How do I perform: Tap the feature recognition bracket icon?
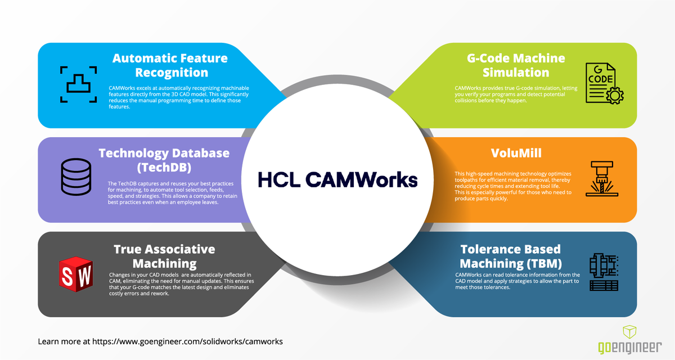coord(79,84)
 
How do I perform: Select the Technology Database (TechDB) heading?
coord(164,160)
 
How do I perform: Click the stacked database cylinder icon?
coord(76,176)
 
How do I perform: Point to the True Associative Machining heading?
coord(164,256)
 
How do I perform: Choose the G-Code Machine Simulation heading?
coord(508,65)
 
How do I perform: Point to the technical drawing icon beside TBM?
coord(603,272)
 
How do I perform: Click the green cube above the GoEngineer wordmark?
coord(629,331)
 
